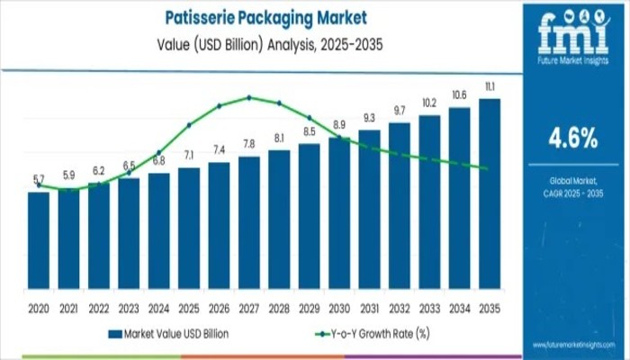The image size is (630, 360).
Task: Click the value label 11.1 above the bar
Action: [490, 86]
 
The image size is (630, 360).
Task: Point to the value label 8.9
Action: [339, 124]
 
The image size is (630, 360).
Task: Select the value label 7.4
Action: [219, 149]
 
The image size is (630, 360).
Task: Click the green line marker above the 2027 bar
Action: [249, 97]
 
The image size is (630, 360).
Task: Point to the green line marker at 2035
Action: [487, 168]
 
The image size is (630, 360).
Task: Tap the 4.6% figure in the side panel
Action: [572, 137]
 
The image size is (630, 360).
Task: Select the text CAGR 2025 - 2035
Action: [572, 194]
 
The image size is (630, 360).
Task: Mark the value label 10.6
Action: [459, 95]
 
